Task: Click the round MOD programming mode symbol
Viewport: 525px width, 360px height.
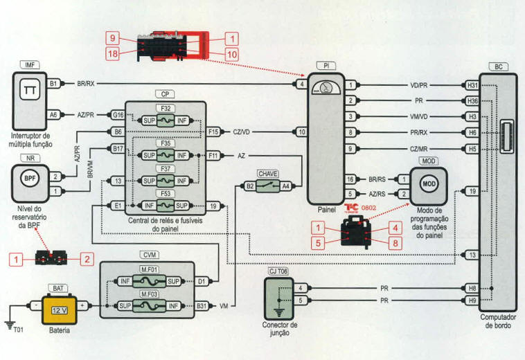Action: point(429,184)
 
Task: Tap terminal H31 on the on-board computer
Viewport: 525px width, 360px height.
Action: point(472,85)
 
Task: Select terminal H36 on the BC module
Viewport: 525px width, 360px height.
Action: point(472,100)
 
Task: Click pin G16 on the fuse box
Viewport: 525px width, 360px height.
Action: point(118,115)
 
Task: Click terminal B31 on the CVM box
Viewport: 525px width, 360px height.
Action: point(202,305)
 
